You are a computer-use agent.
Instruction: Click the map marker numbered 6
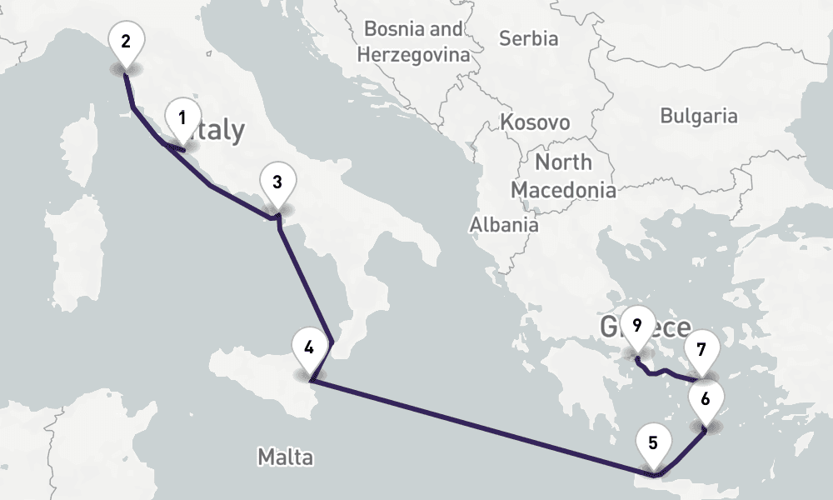[706, 401]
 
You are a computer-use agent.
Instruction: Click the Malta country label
[285, 457]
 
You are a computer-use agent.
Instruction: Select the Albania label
[504, 225]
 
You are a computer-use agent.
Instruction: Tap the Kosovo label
[535, 122]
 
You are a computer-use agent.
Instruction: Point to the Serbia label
[527, 37]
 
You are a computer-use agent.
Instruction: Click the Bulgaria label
[699, 116]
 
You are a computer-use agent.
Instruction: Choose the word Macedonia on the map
[563, 190]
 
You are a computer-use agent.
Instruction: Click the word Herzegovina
[412, 56]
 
